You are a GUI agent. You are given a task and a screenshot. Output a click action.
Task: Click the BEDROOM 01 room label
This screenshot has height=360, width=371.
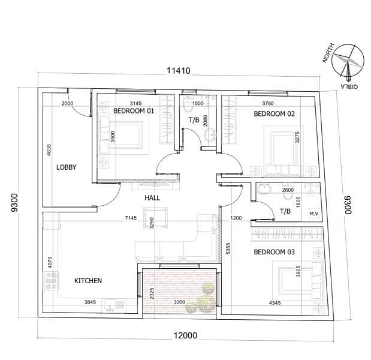[x=134, y=111]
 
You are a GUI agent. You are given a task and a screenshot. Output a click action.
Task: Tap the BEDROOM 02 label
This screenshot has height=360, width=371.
[x=275, y=114]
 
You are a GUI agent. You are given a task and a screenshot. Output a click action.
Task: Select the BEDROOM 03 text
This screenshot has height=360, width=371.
[x=275, y=252]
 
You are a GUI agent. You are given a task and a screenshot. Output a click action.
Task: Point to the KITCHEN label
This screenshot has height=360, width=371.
[x=88, y=281]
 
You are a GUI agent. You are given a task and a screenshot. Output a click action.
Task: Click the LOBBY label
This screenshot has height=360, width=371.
[x=67, y=167]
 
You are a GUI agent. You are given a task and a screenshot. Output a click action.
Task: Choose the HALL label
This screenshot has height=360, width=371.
[x=152, y=198]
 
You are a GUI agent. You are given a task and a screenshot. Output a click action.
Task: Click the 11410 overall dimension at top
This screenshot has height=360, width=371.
[x=179, y=71]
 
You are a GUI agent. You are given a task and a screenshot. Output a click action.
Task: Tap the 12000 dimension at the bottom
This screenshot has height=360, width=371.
[x=186, y=335]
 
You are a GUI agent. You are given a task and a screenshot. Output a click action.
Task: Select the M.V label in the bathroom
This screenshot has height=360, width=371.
[x=313, y=214]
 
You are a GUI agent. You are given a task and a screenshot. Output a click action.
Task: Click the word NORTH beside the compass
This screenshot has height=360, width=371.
[x=328, y=53]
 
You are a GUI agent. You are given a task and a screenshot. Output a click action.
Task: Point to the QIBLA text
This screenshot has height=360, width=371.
[x=349, y=86]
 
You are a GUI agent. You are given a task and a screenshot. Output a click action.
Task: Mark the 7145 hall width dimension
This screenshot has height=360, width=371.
[x=131, y=218]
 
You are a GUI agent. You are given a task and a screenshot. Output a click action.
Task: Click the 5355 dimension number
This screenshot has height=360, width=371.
[x=228, y=248]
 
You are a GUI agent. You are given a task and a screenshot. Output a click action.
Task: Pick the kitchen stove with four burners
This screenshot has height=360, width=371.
[x=52, y=281]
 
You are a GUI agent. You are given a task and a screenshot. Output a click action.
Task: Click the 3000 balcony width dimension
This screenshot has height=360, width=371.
[x=179, y=302]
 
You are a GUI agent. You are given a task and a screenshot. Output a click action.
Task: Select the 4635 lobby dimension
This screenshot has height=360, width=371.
[x=49, y=150]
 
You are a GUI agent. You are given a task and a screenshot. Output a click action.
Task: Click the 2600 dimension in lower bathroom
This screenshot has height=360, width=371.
[x=288, y=190]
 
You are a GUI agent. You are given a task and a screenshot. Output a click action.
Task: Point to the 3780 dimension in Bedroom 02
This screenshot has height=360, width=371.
[x=268, y=103]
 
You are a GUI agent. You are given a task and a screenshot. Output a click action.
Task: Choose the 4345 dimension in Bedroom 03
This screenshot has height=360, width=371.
[x=275, y=302]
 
